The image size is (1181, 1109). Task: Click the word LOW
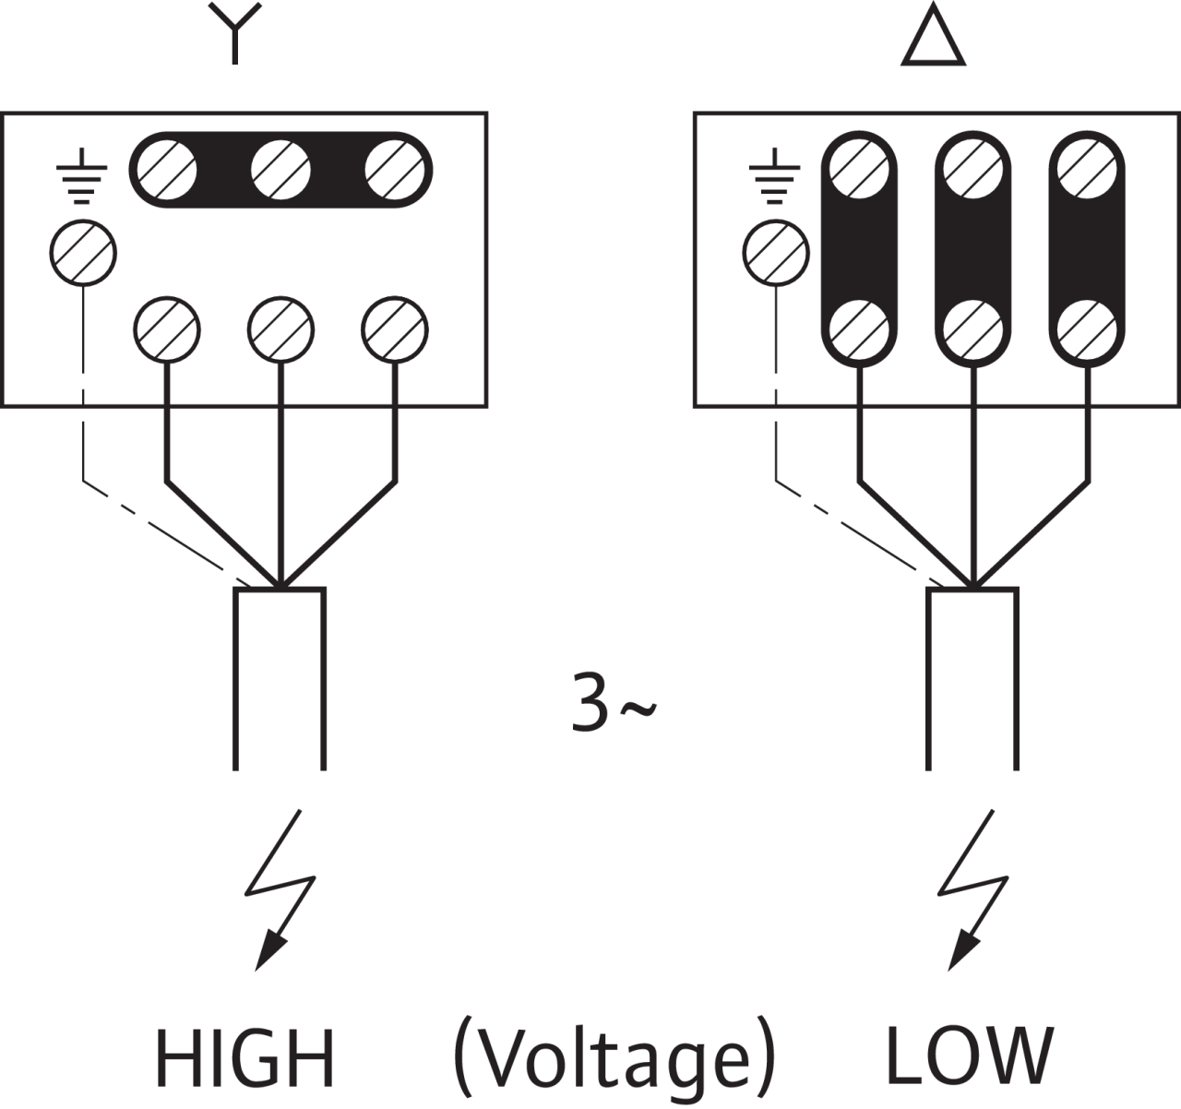(969, 1054)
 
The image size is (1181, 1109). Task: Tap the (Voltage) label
(614, 1057)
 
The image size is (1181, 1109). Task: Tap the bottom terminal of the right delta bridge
(1088, 329)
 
